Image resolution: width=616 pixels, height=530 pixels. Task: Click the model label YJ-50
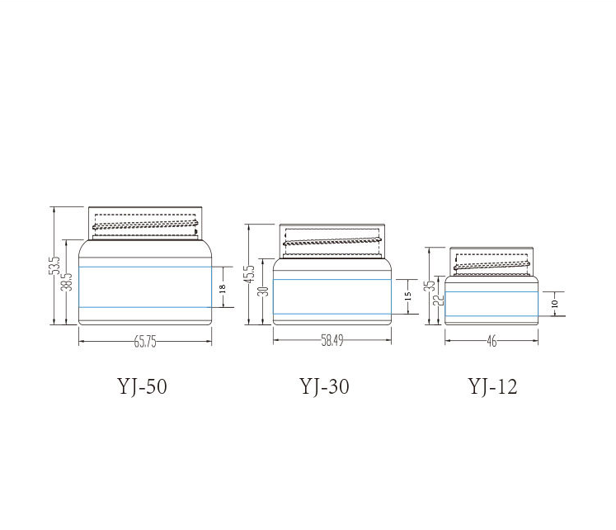click(142, 386)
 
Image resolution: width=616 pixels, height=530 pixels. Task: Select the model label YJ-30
click(325, 386)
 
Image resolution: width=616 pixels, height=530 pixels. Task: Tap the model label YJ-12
click(492, 386)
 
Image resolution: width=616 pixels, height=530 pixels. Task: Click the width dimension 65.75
click(145, 342)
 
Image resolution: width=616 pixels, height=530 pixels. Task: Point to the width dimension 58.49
click(332, 340)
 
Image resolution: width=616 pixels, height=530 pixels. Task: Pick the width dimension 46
click(491, 341)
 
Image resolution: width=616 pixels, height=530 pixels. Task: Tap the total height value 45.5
click(250, 273)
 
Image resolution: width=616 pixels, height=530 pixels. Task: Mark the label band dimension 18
click(223, 289)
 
